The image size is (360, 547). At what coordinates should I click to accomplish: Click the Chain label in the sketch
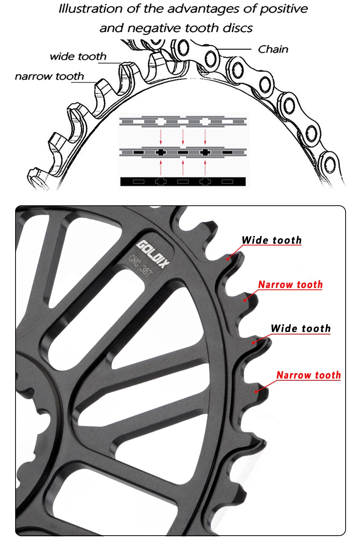pos(273,49)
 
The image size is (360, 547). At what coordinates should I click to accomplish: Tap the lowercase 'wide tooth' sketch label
pos(78,57)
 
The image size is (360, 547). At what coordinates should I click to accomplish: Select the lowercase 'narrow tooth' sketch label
pos(49,76)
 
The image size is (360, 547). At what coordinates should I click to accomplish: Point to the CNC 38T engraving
pos(141,266)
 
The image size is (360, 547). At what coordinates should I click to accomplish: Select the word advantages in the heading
pos(203,9)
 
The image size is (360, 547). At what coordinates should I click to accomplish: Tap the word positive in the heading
pos(283,9)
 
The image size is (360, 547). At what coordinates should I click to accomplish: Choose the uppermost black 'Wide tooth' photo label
pos(271,240)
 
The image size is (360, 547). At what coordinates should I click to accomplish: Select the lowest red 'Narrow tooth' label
pos(308,375)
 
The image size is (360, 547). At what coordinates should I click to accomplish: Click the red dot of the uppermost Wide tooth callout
pos(228,259)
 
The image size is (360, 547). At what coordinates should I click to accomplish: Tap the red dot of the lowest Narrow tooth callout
pos(257,391)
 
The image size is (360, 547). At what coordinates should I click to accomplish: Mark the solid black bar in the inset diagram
pos(183,181)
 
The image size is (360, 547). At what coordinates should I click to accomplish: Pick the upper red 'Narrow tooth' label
pos(290,284)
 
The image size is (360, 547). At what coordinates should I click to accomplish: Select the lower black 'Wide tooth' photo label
pos(301,328)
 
